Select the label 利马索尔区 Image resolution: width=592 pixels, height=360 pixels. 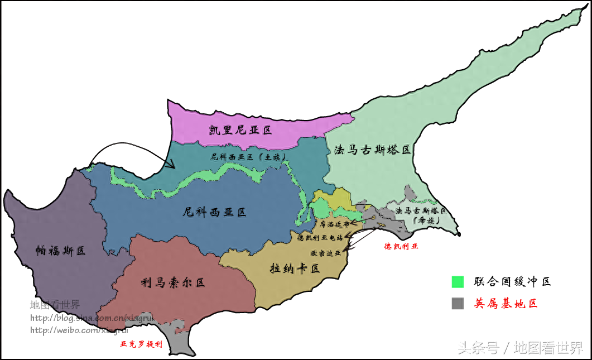coord(173,282)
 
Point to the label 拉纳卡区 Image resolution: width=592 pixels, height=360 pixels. coord(295,268)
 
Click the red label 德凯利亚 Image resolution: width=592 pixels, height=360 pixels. coord(401,246)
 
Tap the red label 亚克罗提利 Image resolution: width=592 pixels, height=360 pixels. coord(142,344)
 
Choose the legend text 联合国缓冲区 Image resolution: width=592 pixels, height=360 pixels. coord(512,282)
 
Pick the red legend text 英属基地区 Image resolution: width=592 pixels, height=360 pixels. coord(506,304)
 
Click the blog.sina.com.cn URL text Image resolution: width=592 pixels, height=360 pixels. coord(92,318)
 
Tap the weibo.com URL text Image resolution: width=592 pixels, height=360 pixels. coord(79,330)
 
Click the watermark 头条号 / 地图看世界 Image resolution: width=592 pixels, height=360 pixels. coord(521,348)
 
